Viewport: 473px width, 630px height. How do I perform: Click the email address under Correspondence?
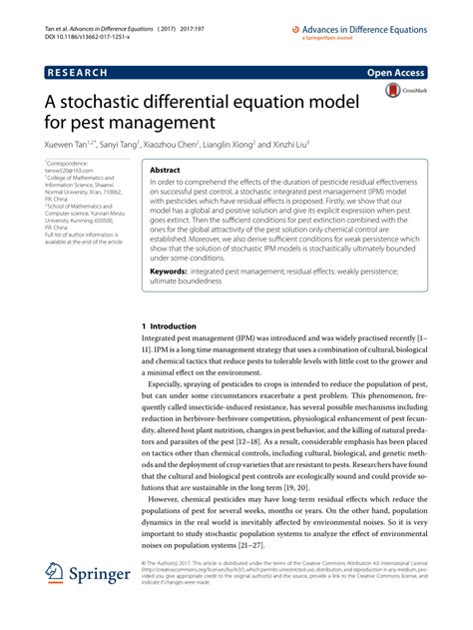[x=67, y=170]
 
